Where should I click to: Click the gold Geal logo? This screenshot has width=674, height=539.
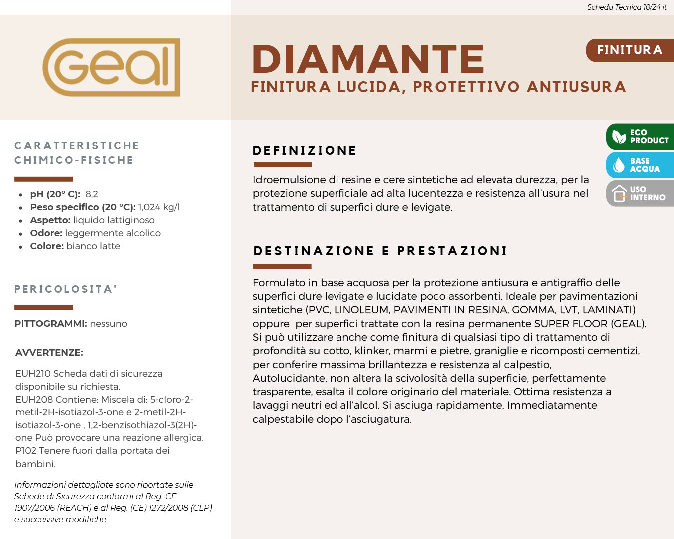(111, 67)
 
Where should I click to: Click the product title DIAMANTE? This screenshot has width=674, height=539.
(368, 59)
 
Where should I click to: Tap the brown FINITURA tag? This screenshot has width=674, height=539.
(629, 50)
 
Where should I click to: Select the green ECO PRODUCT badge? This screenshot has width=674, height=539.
(640, 137)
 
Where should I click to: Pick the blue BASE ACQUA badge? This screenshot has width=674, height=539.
(640, 165)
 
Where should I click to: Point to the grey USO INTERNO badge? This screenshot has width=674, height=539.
(640, 194)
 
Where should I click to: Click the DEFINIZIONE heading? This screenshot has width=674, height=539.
(305, 151)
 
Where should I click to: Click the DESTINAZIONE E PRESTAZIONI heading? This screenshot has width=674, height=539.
(380, 251)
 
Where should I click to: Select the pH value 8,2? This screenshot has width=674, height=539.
(92, 194)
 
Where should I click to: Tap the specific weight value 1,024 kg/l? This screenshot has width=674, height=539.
(158, 207)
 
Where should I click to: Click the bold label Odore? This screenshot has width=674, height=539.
(46, 233)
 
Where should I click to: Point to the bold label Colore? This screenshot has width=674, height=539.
(47, 246)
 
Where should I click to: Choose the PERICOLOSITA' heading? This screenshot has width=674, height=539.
(66, 289)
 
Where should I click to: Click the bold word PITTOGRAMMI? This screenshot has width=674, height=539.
(51, 324)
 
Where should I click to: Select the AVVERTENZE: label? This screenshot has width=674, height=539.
(49, 353)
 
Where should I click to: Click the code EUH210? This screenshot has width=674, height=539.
(33, 374)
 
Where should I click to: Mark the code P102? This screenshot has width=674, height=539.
(26, 451)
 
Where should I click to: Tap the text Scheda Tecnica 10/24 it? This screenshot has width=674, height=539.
(627, 7)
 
